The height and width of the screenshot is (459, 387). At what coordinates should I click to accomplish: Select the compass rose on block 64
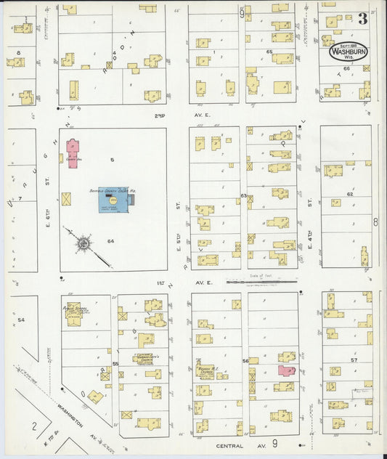coord(84,243)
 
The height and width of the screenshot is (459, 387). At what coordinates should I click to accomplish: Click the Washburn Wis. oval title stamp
coord(349,52)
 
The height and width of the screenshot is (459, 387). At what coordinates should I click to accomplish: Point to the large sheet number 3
coord(361,18)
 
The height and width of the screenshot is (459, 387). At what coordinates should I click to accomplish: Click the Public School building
coord(74,312)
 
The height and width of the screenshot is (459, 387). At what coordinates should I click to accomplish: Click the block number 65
coord(269,52)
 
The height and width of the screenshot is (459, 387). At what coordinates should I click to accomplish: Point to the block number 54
coord(21,320)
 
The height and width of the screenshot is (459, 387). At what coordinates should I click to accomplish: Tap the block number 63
coord(244,196)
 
